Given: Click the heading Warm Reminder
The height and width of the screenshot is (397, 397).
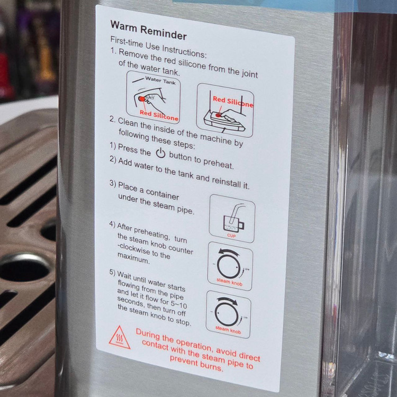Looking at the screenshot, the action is coord(149,30).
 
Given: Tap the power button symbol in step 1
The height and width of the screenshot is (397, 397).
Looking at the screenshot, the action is coord(160,153).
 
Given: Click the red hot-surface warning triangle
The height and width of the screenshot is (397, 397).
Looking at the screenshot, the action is coord(120,338).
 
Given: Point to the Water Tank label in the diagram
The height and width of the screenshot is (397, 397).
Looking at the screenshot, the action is coord(160,80).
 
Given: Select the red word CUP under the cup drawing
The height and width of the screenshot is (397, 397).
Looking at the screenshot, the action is coord(231,236).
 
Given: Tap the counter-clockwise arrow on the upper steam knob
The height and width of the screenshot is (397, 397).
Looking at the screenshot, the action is coord(229,252).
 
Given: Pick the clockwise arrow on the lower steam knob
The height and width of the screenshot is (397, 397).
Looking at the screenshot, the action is coord(227,301).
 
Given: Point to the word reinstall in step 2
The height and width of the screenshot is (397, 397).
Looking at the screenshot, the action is coord(227,182).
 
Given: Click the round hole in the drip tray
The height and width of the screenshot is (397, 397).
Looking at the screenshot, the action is coord(23,268).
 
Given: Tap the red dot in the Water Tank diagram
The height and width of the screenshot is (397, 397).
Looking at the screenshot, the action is coord(142,98).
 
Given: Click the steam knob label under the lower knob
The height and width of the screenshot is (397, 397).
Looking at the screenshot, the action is coord(228,329).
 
